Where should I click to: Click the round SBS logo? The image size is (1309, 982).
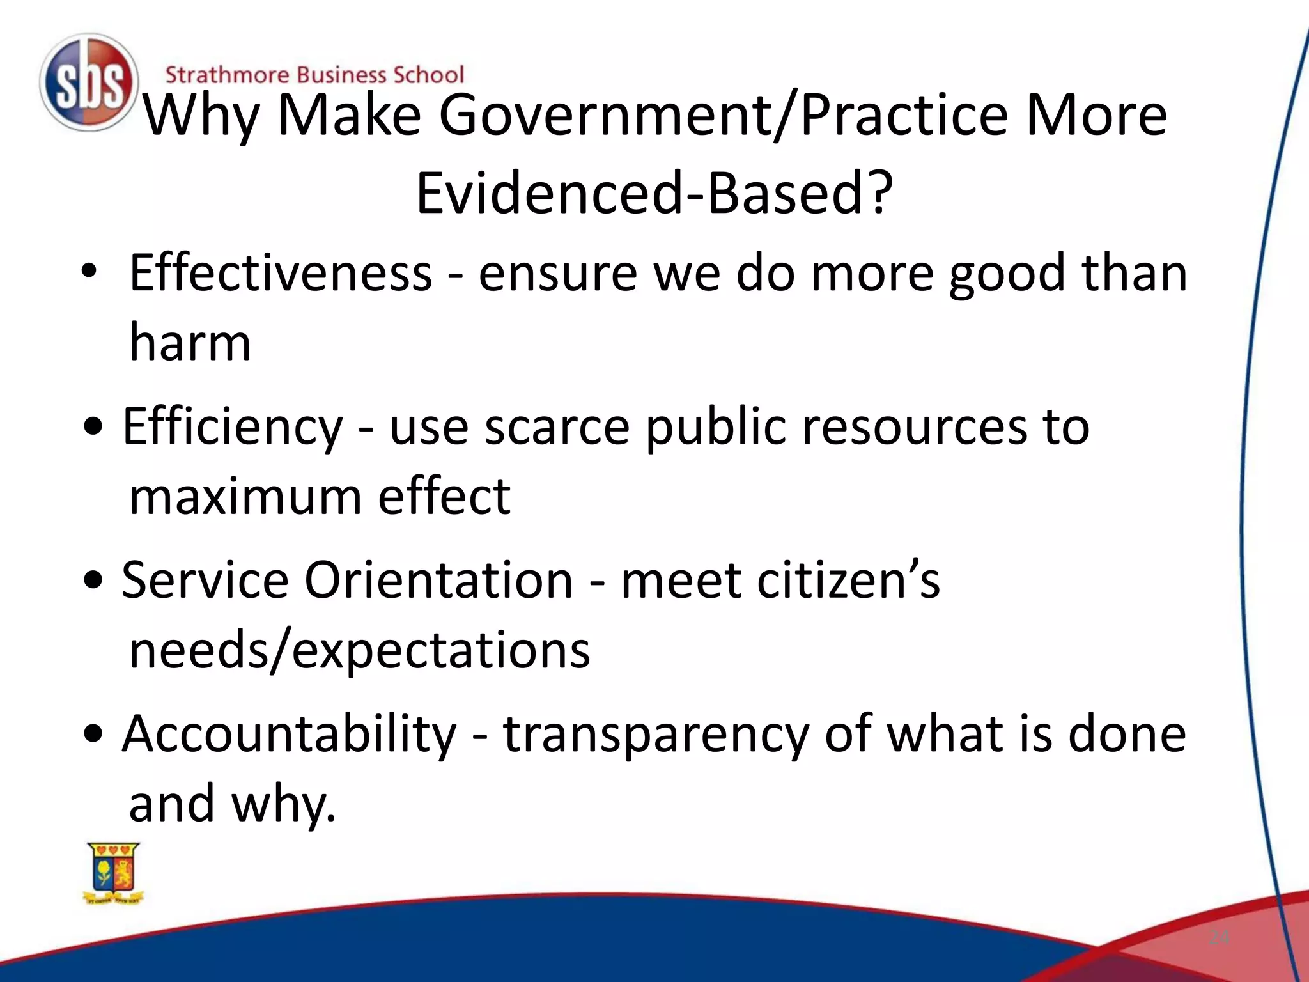[88, 82]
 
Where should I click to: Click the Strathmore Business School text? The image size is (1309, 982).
[314, 75]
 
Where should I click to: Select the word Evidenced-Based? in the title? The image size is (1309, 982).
[654, 192]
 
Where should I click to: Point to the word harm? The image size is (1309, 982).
[190, 342]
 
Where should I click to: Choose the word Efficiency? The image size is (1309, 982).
[233, 426]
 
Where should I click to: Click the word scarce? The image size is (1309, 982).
[557, 426]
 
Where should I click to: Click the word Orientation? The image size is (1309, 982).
[438, 580]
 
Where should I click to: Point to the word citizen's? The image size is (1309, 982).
[780, 580]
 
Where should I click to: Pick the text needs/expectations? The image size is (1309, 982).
[359, 650]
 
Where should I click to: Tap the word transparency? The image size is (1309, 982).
[656, 735]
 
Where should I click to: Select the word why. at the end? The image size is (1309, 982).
[283, 804]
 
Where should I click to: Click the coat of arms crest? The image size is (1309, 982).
[114, 873]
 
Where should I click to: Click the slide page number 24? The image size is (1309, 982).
[1219, 938]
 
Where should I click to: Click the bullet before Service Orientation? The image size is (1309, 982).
[93, 581]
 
